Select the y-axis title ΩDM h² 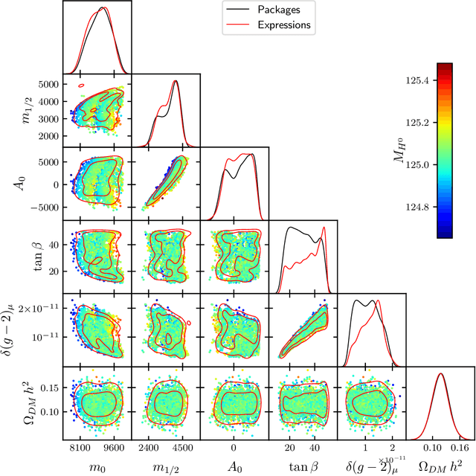[x=17, y=399]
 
